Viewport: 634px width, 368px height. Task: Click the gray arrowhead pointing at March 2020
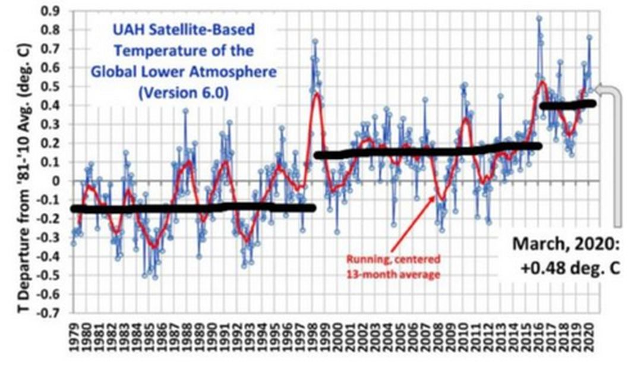[599, 90]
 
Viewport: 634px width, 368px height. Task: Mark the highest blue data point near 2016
[539, 18]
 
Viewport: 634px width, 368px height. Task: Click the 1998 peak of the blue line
[315, 42]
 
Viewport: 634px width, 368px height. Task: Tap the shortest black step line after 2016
[567, 105]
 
